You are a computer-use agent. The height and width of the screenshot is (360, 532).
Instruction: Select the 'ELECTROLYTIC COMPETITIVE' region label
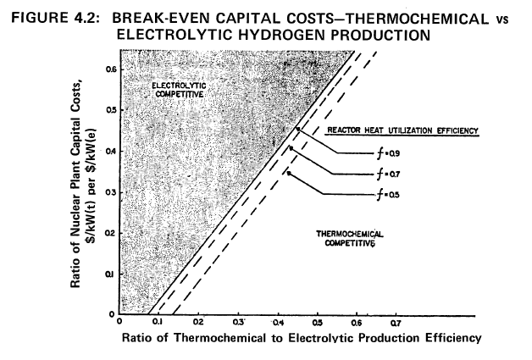click(178, 91)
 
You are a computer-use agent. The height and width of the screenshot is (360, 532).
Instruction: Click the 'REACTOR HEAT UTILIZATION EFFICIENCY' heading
click(403, 131)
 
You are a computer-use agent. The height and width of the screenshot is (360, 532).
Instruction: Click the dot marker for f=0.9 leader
click(297, 129)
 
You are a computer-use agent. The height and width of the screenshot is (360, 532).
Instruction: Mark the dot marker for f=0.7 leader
click(292, 148)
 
